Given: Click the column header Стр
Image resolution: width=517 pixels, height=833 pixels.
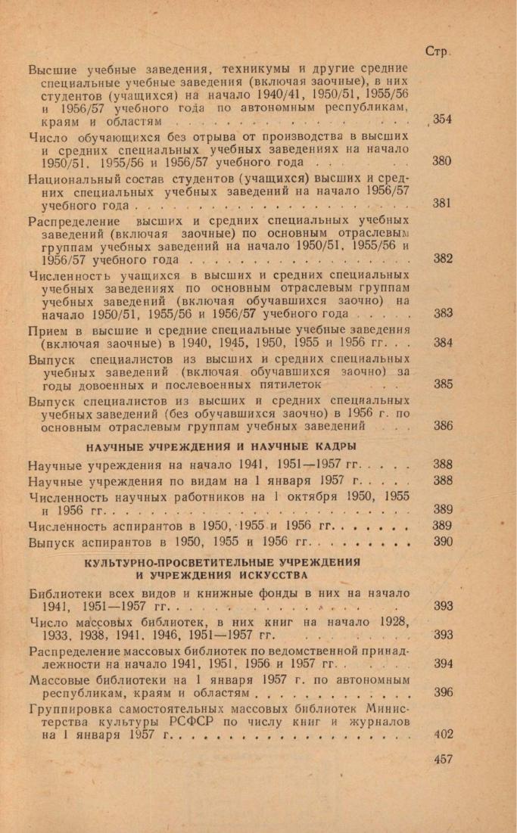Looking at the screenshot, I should pyautogui.click(x=438, y=52).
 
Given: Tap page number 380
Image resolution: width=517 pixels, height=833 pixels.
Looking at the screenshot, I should pyautogui.click(x=442, y=161).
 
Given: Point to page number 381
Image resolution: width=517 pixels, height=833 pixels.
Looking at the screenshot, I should pyautogui.click(x=442, y=204).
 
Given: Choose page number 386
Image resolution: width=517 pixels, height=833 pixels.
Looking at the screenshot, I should pyautogui.click(x=444, y=425).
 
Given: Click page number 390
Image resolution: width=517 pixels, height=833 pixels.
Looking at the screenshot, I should pyautogui.click(x=443, y=541).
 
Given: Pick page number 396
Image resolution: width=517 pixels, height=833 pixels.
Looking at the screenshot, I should pyautogui.click(x=443, y=692).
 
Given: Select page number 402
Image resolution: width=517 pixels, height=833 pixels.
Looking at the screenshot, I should pyautogui.click(x=443, y=733).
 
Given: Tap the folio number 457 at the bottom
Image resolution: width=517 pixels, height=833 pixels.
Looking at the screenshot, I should pyautogui.click(x=443, y=758).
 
